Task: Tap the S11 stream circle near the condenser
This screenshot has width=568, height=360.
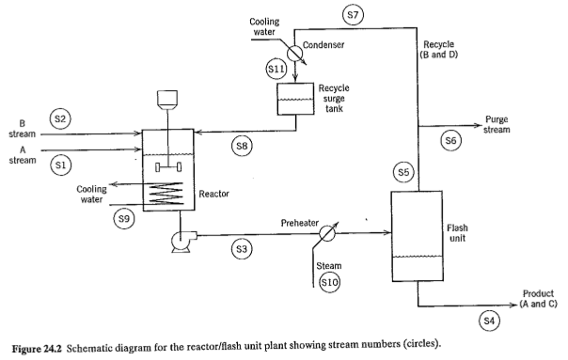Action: pyautogui.click(x=276, y=69)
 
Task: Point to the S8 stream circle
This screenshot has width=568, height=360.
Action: pyautogui.click(x=243, y=146)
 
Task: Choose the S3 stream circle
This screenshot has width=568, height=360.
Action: pyautogui.click(x=242, y=248)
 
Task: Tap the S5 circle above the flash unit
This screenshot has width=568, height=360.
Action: pyautogui.click(x=403, y=172)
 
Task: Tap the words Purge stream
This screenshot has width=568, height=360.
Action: pyautogui.click(x=497, y=124)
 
